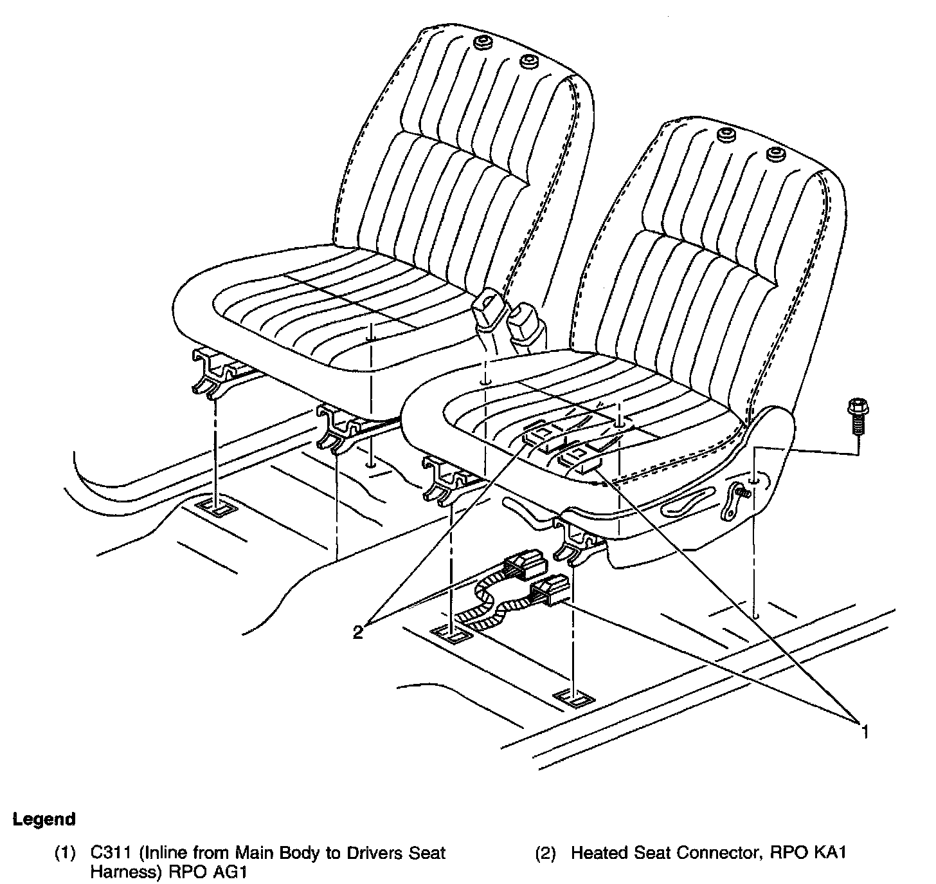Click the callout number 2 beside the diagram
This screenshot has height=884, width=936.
(x=358, y=632)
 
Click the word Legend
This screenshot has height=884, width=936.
(x=44, y=819)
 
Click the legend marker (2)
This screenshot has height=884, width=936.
(x=546, y=854)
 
